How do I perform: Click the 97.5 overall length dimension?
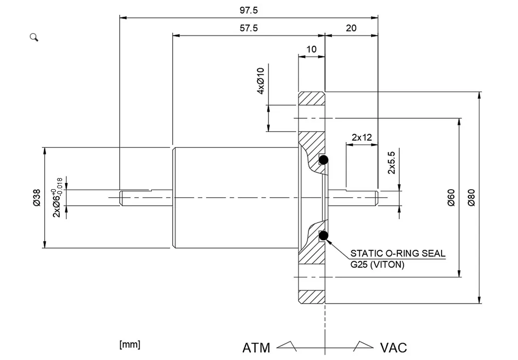[249, 10]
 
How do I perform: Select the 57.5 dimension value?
[249, 28]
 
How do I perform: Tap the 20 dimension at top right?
[351, 28]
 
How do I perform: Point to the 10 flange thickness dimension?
[311, 49]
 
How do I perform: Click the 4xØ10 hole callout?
[261, 81]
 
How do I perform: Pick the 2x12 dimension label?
[362, 137]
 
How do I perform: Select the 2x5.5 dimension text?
[391, 162]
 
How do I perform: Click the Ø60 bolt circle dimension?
[451, 198]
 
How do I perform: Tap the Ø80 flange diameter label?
[471, 198]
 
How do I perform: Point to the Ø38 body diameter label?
[36, 198]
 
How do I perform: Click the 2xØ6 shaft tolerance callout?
[57, 198]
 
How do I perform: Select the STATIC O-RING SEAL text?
[398, 253]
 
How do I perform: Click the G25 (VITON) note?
[377, 265]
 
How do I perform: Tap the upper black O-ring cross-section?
[323, 160]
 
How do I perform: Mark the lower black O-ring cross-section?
[323, 236]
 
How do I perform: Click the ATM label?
[256, 348]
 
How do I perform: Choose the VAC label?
[393, 348]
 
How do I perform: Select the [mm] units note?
[130, 344]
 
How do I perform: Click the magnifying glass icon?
[34, 37]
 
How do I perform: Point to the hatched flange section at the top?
[312, 98]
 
